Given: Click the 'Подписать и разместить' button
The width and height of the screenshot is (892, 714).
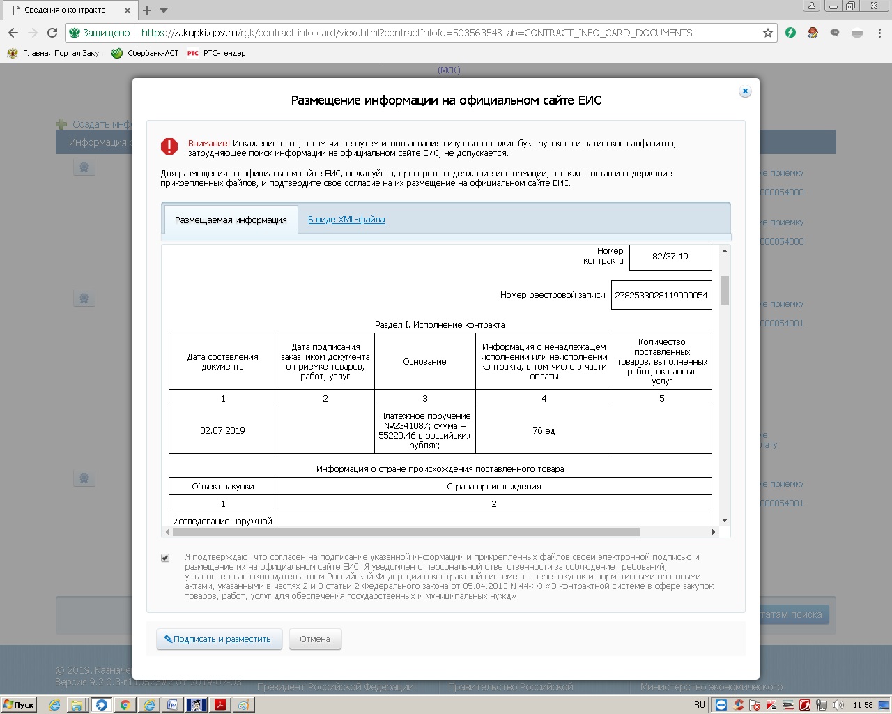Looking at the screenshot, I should click(219, 639).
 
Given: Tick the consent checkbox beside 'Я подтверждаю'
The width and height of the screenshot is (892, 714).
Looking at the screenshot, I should click(165, 558).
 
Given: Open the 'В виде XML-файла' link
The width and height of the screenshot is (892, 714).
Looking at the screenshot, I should click(346, 220).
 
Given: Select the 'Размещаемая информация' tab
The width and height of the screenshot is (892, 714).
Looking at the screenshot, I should click(231, 220).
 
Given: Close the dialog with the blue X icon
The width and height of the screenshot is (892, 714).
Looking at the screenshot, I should click(745, 91).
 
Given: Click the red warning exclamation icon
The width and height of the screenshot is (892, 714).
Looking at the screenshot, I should click(169, 146).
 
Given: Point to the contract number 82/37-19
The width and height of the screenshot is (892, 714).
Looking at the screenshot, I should click(670, 257).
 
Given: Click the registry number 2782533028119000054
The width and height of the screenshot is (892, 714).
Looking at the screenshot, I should click(661, 295).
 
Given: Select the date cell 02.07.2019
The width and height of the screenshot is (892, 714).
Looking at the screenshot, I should click(222, 431).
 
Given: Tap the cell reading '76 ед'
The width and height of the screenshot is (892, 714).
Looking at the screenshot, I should click(544, 431).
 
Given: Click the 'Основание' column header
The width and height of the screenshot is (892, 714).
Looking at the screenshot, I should click(424, 362).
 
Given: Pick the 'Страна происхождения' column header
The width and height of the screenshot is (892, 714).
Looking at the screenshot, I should click(493, 487).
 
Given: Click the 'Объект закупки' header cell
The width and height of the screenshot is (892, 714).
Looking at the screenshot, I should click(222, 487).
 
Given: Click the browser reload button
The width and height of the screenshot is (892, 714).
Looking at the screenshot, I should click(52, 33).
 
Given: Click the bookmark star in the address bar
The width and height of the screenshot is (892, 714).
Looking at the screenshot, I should click(768, 33).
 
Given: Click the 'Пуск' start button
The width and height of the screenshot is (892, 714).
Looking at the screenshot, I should click(19, 705).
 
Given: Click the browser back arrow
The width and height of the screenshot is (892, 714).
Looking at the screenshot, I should click(13, 33).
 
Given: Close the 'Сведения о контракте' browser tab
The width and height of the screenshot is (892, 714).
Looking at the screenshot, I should click(128, 10).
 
